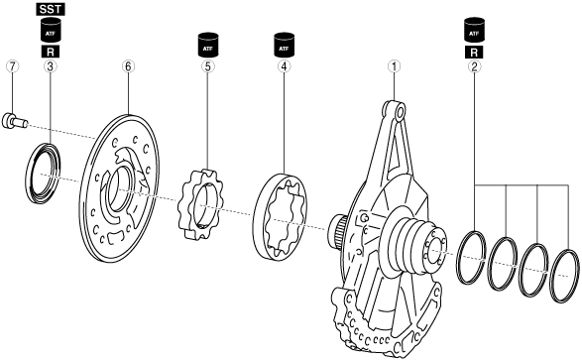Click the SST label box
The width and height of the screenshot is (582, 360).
click(51, 9)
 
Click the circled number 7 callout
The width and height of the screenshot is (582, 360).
click(13, 66)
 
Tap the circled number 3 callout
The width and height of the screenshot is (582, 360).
click(51, 66)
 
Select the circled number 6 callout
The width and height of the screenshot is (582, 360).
click(128, 66)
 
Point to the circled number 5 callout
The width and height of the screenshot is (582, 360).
click(207, 66)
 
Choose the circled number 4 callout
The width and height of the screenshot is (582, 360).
click(284, 66)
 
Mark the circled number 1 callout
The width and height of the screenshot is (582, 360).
click(395, 66)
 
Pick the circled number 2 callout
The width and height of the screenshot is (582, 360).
click(474, 66)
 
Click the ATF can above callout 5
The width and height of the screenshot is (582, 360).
click(208, 46)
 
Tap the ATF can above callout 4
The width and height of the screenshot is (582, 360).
click(284, 46)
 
